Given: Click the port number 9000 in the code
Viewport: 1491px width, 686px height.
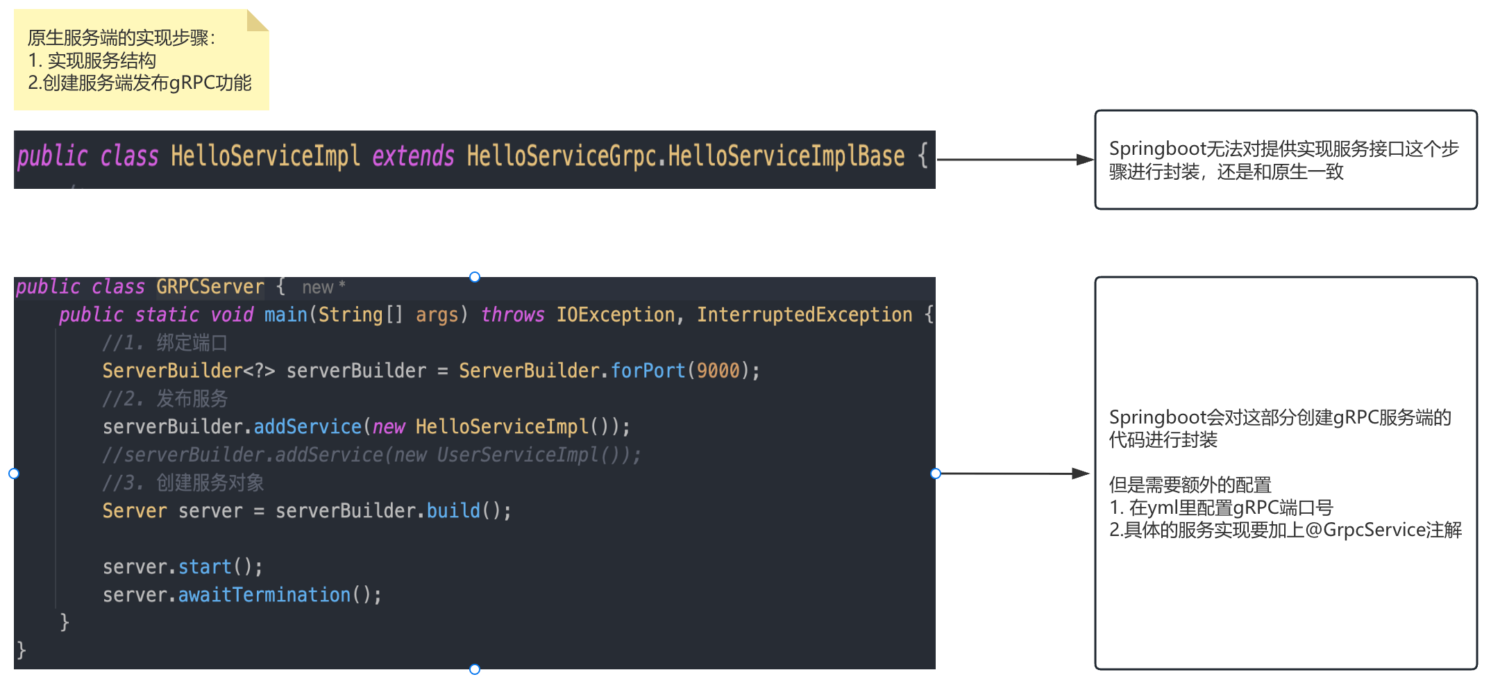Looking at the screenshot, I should tap(718, 371).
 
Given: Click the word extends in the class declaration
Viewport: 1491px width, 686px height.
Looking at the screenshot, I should tap(413, 157).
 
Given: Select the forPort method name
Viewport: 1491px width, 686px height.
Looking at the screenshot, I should tap(648, 371).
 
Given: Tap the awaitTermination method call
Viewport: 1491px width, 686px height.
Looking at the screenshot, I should tap(264, 595).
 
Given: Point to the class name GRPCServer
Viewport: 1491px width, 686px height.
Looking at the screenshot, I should tap(210, 287).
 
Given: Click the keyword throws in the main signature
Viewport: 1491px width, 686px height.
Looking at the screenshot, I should tap(512, 315).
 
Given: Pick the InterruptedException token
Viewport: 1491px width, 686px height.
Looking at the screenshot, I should tap(805, 315).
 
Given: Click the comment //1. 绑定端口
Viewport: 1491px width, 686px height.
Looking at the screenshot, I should tap(165, 343).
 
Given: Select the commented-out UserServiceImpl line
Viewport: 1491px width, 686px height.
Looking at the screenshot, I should tap(371, 455).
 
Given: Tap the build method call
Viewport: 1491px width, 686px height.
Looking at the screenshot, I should tap(453, 511).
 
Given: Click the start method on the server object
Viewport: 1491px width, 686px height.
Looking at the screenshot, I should tap(205, 567).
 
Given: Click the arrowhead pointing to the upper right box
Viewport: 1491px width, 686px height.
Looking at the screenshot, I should tap(1085, 160).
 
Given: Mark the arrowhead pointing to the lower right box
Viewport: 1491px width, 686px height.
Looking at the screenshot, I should tap(1081, 474).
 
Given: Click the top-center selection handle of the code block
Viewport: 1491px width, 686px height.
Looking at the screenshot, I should tap(475, 277).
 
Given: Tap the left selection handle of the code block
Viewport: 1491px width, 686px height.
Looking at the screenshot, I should tap(14, 474).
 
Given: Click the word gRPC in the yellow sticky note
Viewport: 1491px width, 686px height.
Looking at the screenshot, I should tap(192, 83).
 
